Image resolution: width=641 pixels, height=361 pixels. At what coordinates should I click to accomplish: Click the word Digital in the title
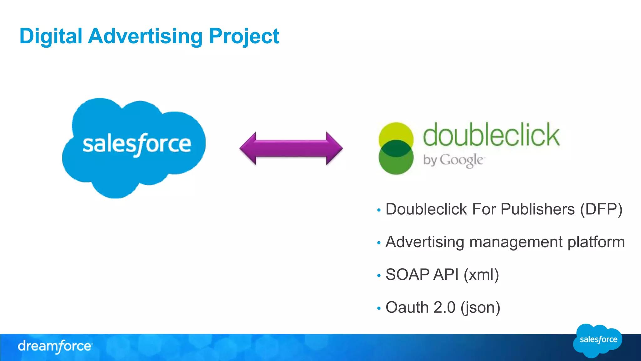[x=51, y=36]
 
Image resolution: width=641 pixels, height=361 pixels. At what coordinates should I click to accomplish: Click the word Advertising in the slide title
[x=145, y=36]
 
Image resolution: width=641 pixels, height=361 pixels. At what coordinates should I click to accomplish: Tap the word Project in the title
[x=244, y=36]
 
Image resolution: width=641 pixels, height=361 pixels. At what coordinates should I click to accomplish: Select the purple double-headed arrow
[x=291, y=148]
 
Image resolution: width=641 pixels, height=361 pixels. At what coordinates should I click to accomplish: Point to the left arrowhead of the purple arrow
[x=249, y=148]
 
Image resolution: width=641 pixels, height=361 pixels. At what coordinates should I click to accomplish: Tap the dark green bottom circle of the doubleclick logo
[x=396, y=163]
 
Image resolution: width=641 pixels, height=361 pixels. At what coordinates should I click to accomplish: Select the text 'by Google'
[x=453, y=160]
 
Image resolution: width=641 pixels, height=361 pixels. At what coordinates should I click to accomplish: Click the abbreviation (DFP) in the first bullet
[x=601, y=209]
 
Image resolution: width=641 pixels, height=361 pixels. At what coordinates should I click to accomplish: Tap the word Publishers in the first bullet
[x=537, y=209]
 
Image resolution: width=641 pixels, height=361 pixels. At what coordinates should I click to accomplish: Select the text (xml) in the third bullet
[x=481, y=275]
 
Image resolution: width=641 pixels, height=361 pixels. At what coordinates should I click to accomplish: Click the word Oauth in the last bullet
[x=407, y=307]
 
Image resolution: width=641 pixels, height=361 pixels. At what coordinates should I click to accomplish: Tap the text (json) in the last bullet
[x=480, y=307]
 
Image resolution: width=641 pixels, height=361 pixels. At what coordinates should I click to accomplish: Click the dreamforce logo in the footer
[x=55, y=346]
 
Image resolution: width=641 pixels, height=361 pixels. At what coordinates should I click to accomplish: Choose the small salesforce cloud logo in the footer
[x=597, y=340]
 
